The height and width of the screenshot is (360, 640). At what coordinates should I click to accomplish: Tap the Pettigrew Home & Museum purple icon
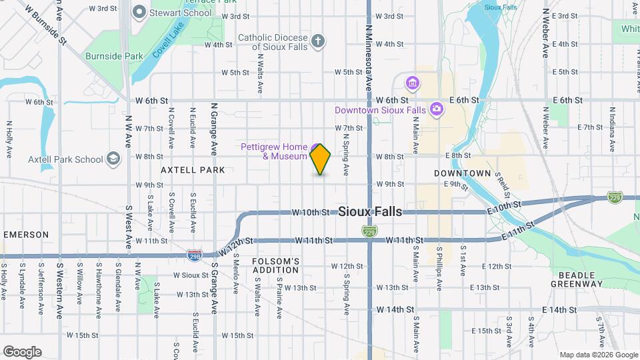[314, 147]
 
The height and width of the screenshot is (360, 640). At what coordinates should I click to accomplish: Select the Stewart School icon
[140, 12]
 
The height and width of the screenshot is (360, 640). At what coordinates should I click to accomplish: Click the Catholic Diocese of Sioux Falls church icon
[319, 41]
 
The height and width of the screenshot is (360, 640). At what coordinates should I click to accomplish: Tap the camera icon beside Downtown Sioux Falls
[436, 109]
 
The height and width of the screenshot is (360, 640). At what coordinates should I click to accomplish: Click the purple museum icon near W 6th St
[413, 83]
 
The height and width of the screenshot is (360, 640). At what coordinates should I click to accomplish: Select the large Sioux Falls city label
[370, 211]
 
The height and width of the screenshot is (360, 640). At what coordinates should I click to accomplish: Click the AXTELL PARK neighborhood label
[193, 170]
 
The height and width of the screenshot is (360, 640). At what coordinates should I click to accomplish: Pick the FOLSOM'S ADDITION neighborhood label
[275, 265]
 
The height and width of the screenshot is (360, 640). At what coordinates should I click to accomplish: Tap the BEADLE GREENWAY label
[577, 279]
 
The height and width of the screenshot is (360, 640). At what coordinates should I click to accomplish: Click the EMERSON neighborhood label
[26, 235]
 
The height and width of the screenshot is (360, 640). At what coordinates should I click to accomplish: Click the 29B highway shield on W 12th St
[195, 255]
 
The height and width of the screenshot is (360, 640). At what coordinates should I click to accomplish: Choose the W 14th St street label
[395, 310]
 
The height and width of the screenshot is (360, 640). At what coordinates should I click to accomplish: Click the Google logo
[22, 352]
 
